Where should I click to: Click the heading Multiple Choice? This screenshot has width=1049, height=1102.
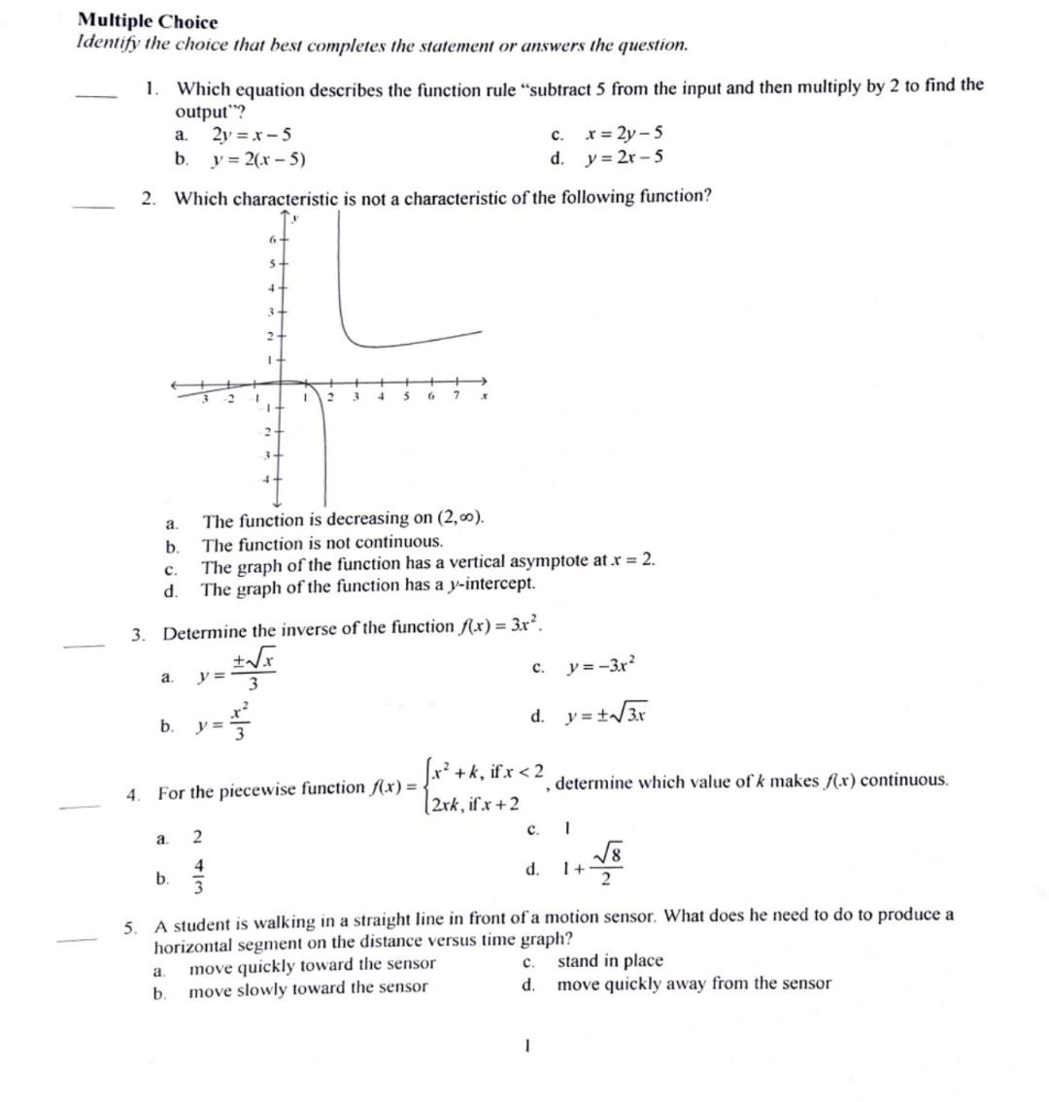coord(148,21)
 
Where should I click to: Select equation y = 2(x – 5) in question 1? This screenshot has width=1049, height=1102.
coord(259,159)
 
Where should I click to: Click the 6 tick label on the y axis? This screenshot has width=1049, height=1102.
coord(273,238)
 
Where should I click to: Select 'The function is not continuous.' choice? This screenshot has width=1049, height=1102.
coord(321,542)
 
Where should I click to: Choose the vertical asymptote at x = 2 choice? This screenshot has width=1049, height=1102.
coord(427,564)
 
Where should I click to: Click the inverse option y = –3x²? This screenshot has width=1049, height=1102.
coord(602,667)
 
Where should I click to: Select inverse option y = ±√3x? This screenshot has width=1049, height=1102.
coord(606,717)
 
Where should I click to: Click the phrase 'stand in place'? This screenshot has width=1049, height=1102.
coord(610,961)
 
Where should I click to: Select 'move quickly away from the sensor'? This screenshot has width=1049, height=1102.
coord(694,985)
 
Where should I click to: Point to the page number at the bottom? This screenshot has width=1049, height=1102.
coord(525,1047)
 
